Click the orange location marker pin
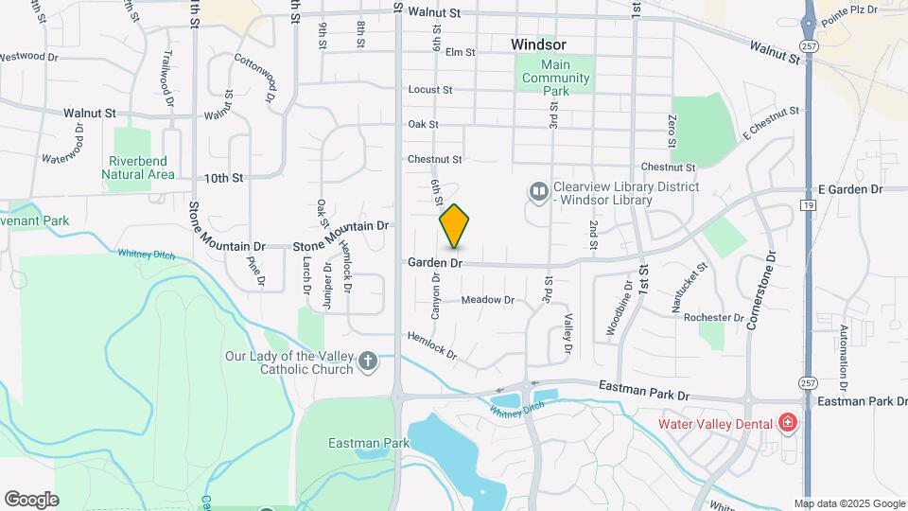(455, 226)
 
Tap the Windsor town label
(538, 44)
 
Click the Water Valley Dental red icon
(788, 423)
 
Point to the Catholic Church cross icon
(368, 361)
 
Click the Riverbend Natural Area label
(140, 167)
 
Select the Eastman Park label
(356, 442)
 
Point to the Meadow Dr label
(487, 300)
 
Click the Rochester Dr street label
(714, 318)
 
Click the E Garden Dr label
(850, 190)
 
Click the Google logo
(31, 500)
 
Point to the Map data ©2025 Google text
(848, 503)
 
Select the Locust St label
(430, 90)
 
